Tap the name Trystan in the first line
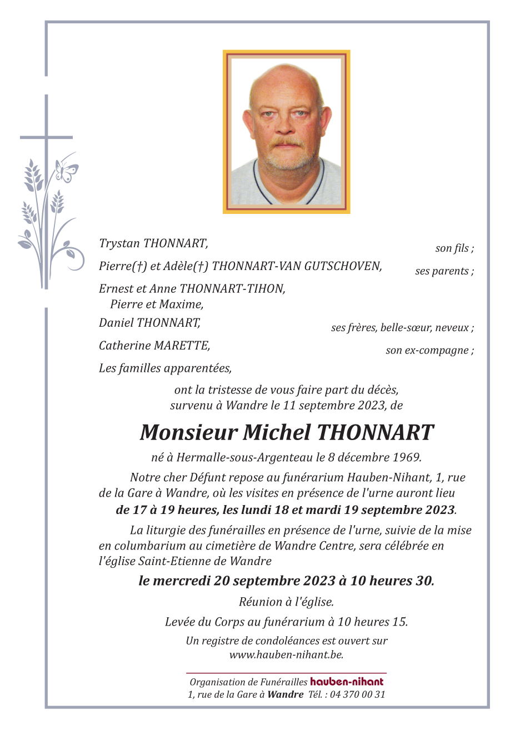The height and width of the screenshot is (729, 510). point(119,243)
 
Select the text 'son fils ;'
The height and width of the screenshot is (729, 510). point(454,248)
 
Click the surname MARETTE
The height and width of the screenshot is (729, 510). point(182,346)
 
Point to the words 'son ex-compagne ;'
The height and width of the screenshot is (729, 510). point(429,351)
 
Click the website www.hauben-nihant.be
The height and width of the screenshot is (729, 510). point(287,654)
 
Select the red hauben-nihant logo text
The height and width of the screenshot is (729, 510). point(347,682)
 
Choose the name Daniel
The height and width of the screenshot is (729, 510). point(116,323)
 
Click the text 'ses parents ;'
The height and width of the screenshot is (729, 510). point(444,272)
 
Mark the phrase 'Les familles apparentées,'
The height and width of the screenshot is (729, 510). point(165,368)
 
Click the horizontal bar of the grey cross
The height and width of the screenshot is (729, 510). point(46,137)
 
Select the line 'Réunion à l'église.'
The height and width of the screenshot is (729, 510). point(286,601)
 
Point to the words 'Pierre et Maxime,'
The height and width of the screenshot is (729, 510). point(157,304)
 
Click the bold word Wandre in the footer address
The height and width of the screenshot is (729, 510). point(286,695)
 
